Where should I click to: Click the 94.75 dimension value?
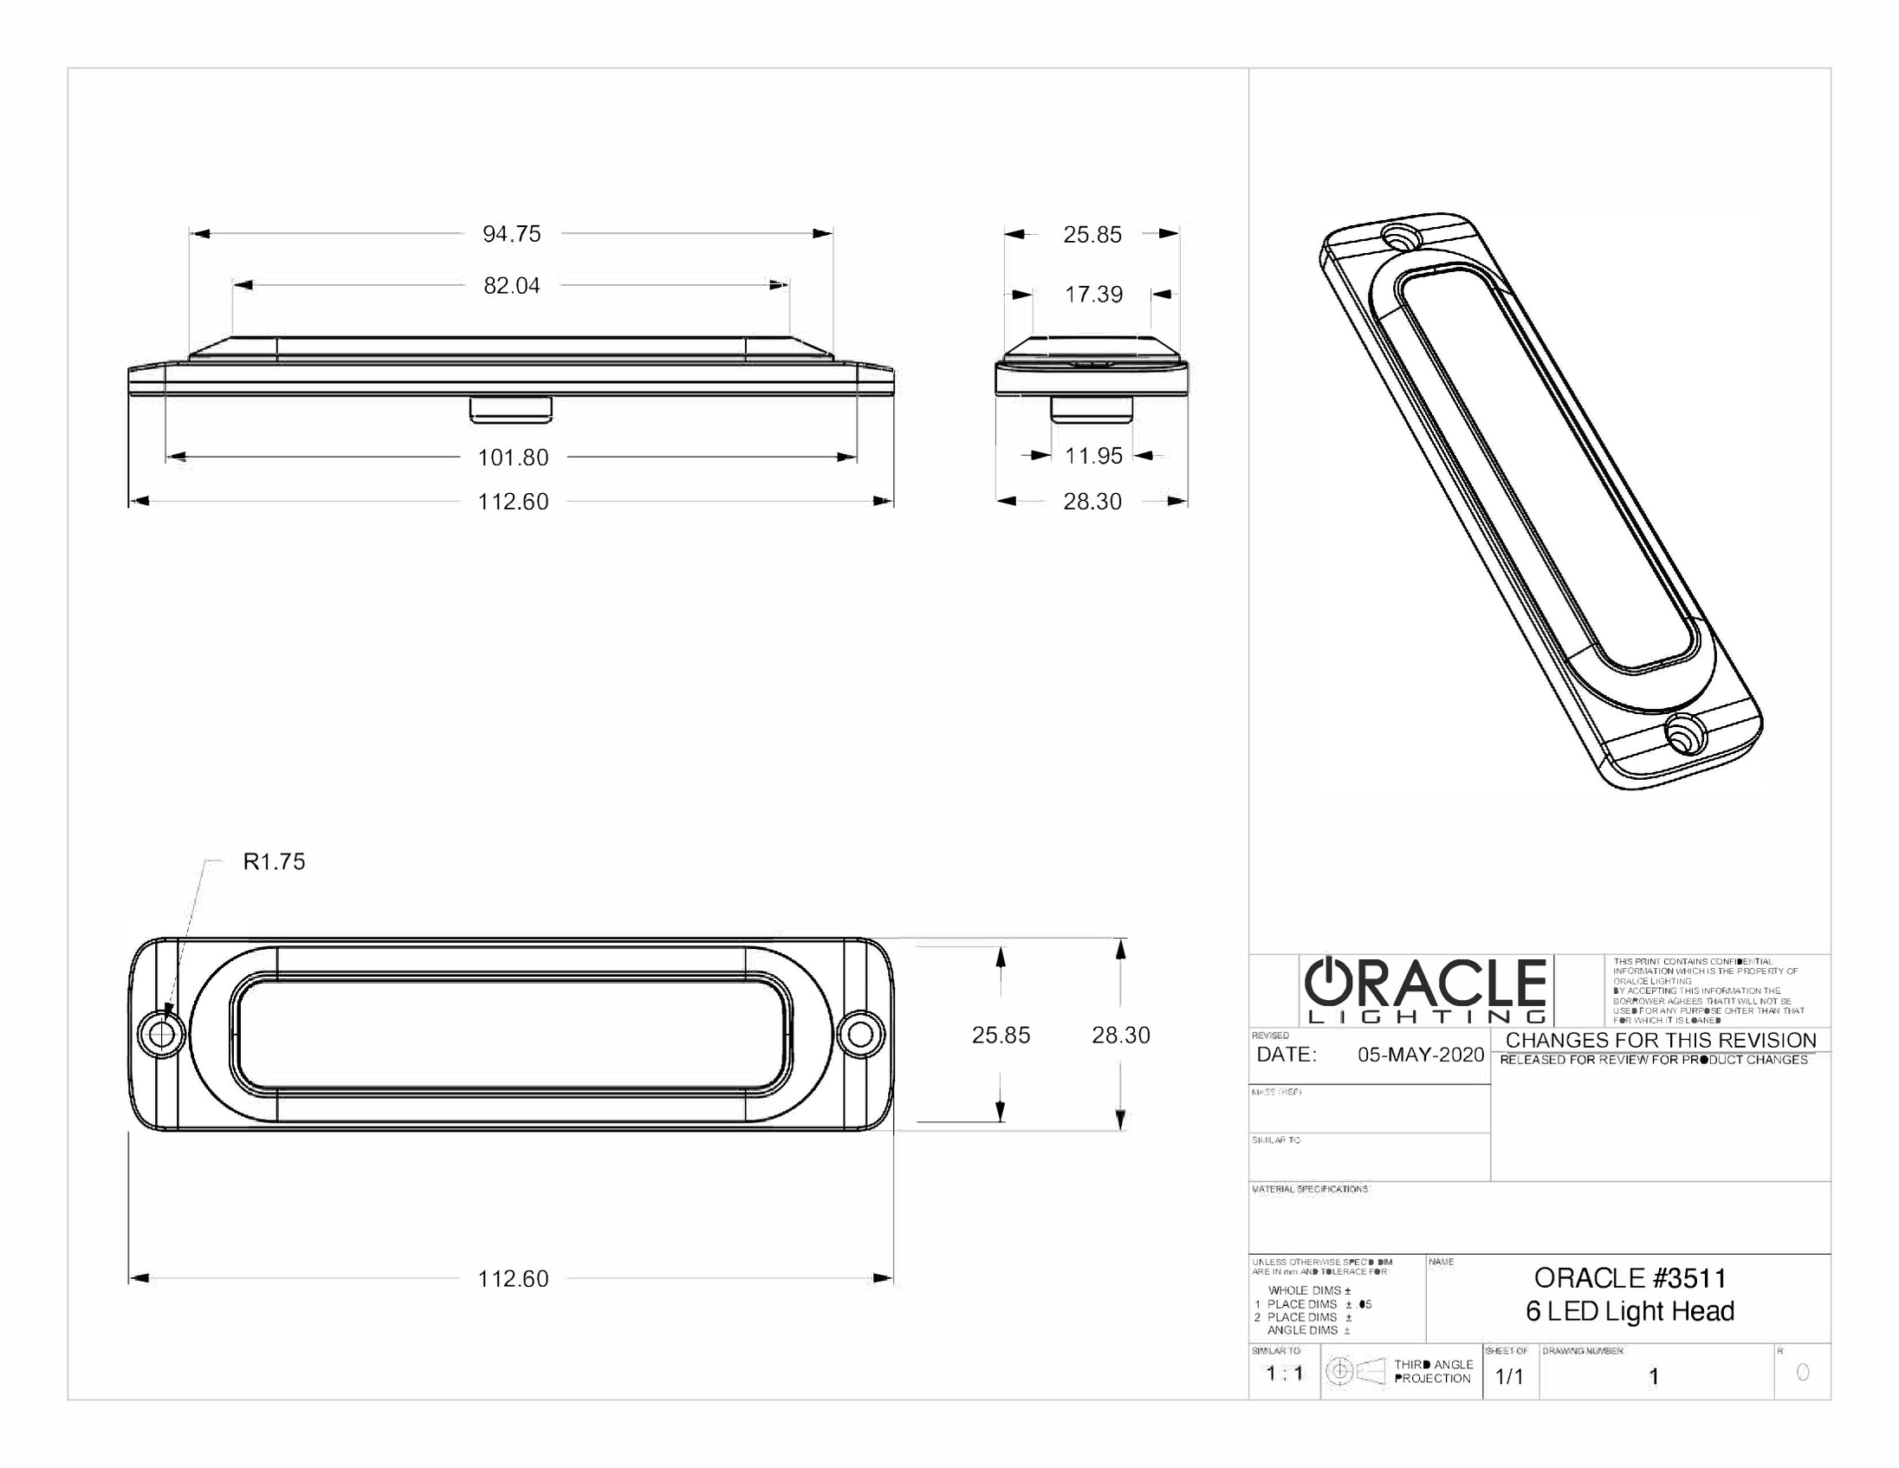pyautogui.click(x=511, y=234)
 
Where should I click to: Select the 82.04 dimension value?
pyautogui.click(x=511, y=285)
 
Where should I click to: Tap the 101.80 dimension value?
pyautogui.click(x=513, y=458)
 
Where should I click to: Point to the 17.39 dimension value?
pyautogui.click(x=1093, y=295)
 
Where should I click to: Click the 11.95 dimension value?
pyautogui.click(x=1093, y=456)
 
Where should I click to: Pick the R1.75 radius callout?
pyautogui.click(x=274, y=862)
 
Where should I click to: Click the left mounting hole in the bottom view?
pyautogui.click(x=162, y=1034)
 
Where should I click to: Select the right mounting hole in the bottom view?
pyautogui.click(x=860, y=1034)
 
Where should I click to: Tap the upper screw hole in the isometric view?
pyautogui.click(x=1400, y=237)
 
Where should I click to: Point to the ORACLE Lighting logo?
pyautogui.click(x=1426, y=991)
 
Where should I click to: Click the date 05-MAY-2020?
pyautogui.click(x=1421, y=1056)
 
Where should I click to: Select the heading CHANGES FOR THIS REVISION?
pyautogui.click(x=1661, y=1041)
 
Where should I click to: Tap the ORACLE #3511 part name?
pyautogui.click(x=1630, y=1278)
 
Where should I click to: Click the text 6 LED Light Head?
pyautogui.click(x=1630, y=1311)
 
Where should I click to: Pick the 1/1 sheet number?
pyautogui.click(x=1508, y=1377)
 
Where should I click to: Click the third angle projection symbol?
pyautogui.click(x=1355, y=1372)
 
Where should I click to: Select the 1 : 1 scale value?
pyautogui.click(x=1284, y=1374)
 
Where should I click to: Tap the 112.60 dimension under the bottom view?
pyautogui.click(x=513, y=1279)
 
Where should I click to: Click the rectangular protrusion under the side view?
pyautogui.click(x=510, y=409)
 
